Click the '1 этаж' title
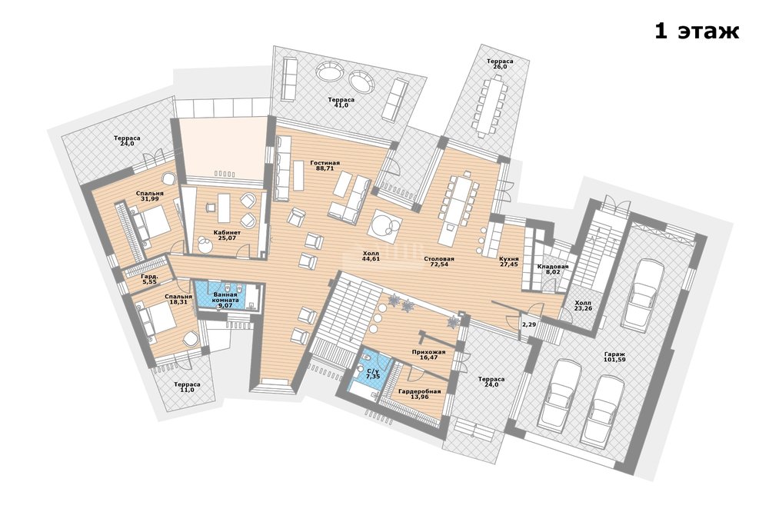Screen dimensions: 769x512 pos(697,32)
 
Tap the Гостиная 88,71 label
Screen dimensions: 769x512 pos(325,165)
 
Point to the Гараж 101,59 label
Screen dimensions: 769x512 pos(614,357)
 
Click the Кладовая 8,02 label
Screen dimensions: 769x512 pos(553,270)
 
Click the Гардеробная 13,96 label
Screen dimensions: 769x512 pos(419,394)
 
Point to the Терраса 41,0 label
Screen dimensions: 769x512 pos(341,102)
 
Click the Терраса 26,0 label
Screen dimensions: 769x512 pos(501,64)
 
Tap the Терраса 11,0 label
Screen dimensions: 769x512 pos(188,387)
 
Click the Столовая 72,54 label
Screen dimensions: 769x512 pos(439,261)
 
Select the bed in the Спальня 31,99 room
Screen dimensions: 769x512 pos(152,224)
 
